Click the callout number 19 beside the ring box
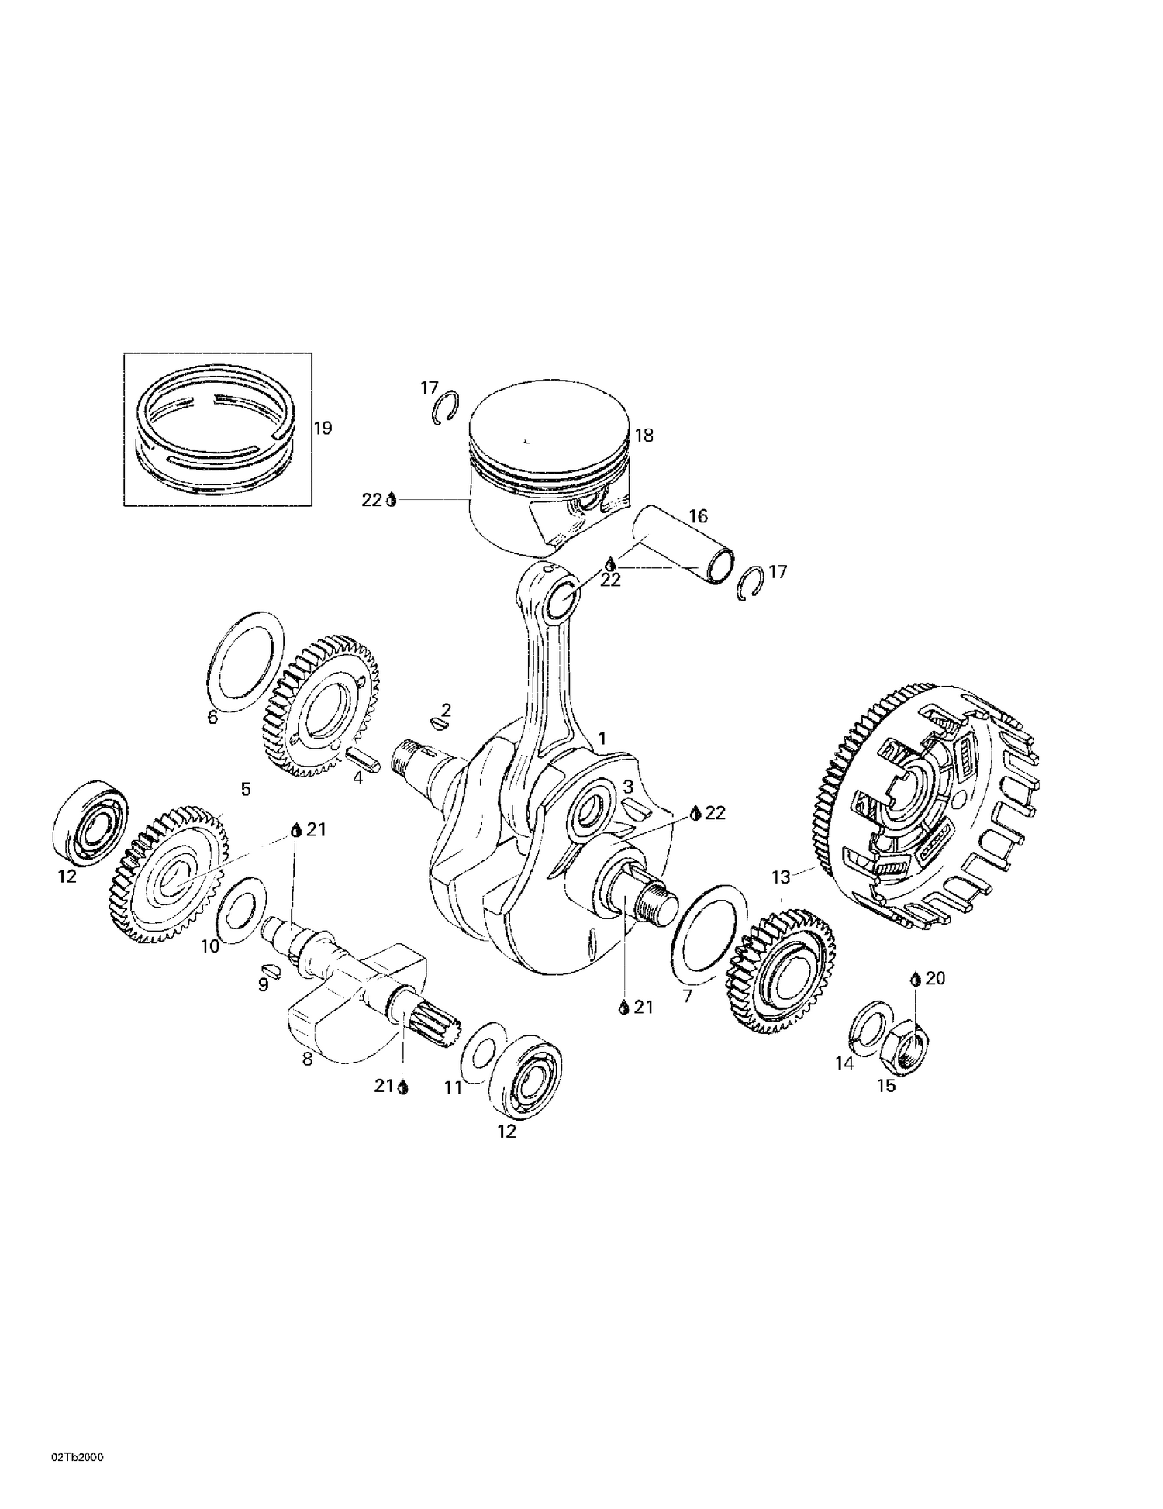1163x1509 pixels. (x=323, y=428)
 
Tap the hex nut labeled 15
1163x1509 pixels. (x=910, y=1043)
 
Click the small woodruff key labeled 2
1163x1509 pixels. (x=439, y=725)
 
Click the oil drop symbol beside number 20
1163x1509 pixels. (x=916, y=979)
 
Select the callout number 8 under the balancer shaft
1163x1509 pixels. (x=307, y=1059)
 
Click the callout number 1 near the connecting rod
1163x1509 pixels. (x=602, y=739)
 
